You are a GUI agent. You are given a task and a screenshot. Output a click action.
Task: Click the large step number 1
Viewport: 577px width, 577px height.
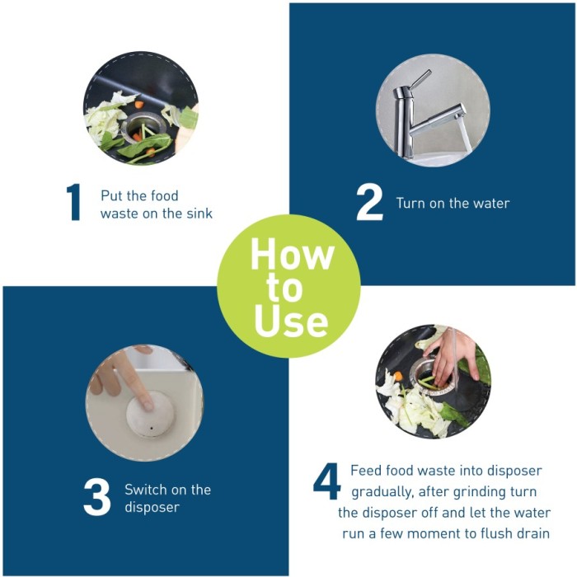pyautogui.click(x=74, y=203)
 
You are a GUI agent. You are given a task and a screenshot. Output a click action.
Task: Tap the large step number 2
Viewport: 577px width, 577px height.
pyautogui.click(x=369, y=202)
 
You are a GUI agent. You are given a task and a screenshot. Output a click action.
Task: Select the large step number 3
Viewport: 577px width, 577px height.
pyautogui.click(x=96, y=497)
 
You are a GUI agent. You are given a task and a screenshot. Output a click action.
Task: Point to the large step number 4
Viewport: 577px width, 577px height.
pyautogui.click(x=326, y=481)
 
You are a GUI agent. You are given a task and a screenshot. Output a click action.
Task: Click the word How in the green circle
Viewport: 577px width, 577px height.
pyautogui.click(x=293, y=254)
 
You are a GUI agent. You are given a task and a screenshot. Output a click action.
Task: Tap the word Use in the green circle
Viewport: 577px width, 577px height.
pyautogui.click(x=291, y=321)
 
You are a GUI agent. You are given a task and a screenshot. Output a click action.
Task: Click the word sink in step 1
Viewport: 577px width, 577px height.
pyautogui.click(x=199, y=213)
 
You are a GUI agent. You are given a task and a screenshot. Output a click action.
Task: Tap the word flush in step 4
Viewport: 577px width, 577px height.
pyautogui.click(x=496, y=533)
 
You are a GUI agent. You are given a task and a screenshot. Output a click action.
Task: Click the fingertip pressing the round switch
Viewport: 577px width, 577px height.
pyautogui.click(x=148, y=406)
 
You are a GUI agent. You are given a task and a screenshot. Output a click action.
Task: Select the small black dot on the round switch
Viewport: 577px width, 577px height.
pyautogui.click(x=151, y=429)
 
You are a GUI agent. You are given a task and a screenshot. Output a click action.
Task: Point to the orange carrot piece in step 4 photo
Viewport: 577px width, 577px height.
pyautogui.click(x=398, y=377)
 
